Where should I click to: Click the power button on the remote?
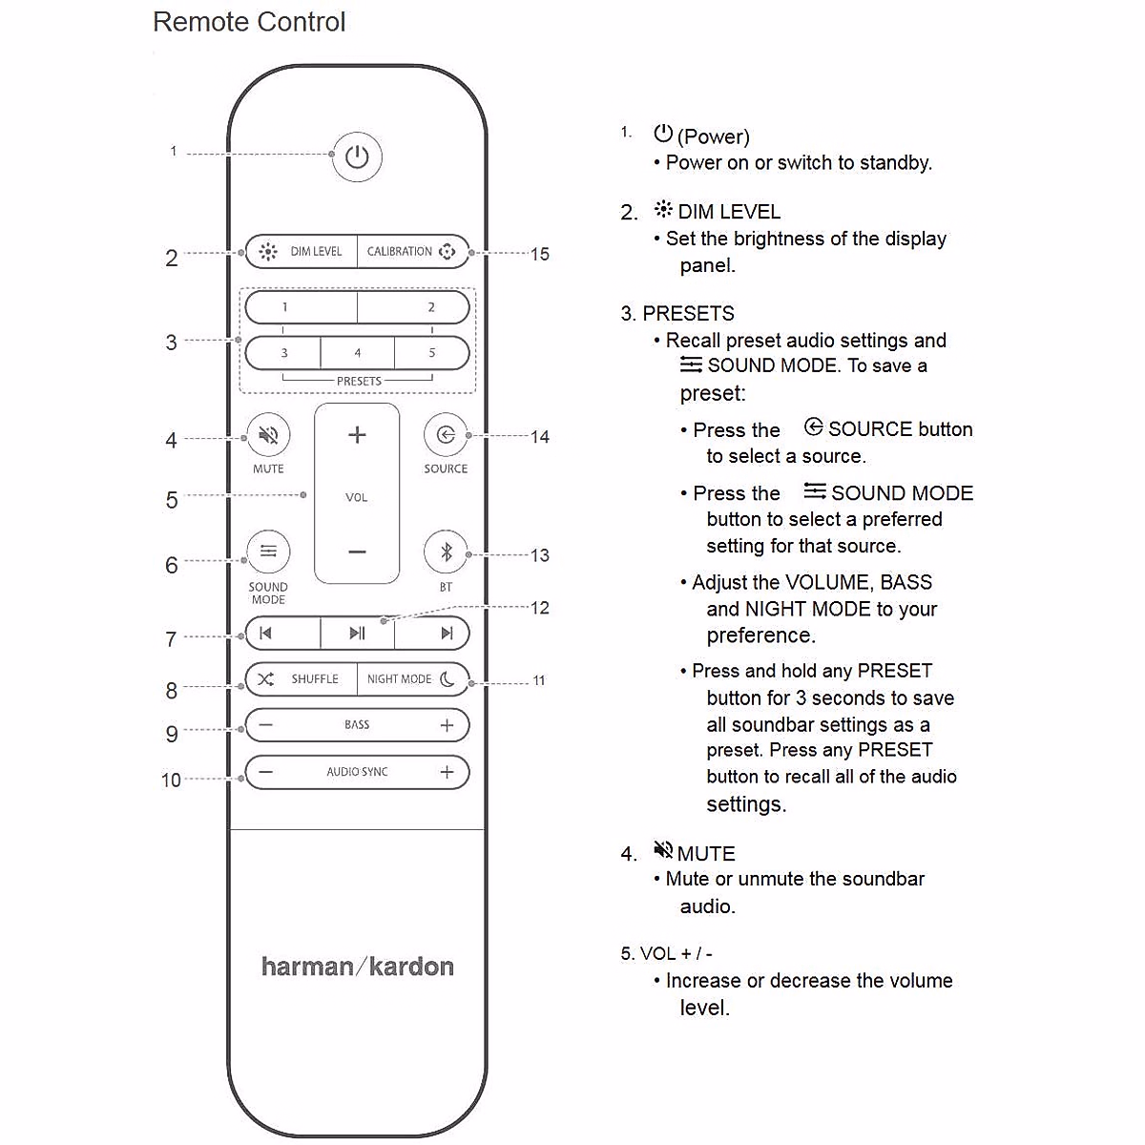click(357, 157)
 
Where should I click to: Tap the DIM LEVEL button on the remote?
click(302, 252)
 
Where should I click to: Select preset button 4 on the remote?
click(358, 353)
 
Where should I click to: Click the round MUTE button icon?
click(268, 436)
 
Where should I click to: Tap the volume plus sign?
click(357, 435)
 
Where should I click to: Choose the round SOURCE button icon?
click(446, 436)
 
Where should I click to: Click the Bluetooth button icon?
click(446, 552)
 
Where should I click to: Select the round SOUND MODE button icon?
click(268, 552)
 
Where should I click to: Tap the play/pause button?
click(357, 634)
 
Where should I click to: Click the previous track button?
click(266, 634)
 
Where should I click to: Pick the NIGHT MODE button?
click(412, 679)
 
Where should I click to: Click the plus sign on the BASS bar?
click(447, 725)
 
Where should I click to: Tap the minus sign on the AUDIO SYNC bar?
click(266, 772)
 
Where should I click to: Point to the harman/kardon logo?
click(358, 967)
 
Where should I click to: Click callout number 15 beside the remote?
click(540, 254)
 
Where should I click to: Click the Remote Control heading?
click(249, 22)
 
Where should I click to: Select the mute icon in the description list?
click(663, 849)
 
